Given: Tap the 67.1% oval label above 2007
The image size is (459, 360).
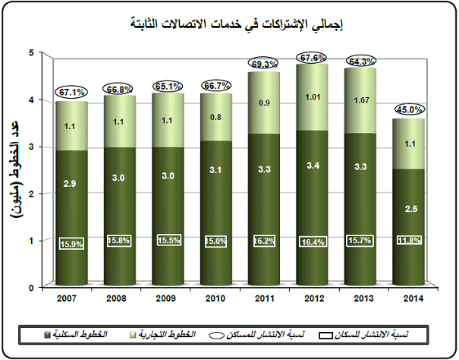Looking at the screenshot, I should pyautogui.click(x=72, y=93).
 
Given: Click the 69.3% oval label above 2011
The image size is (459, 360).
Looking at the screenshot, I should pyautogui.click(x=263, y=63).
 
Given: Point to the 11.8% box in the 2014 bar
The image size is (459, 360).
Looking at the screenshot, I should pyautogui.click(x=409, y=241).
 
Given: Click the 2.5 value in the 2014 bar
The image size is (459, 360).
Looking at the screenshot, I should pyautogui.click(x=409, y=208).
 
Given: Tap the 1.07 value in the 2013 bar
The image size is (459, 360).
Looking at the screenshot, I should pyautogui.click(x=360, y=99).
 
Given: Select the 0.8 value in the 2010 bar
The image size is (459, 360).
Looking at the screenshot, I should pyautogui.click(x=215, y=117).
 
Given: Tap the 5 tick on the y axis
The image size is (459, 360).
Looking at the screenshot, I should pyautogui.click(x=32, y=52).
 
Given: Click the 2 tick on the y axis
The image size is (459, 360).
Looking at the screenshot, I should pyautogui.click(x=32, y=194).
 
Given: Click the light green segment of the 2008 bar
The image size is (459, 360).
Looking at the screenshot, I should pyautogui.click(x=118, y=122).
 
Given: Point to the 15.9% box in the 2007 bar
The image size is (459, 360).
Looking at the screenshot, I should pyautogui.click(x=72, y=244).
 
